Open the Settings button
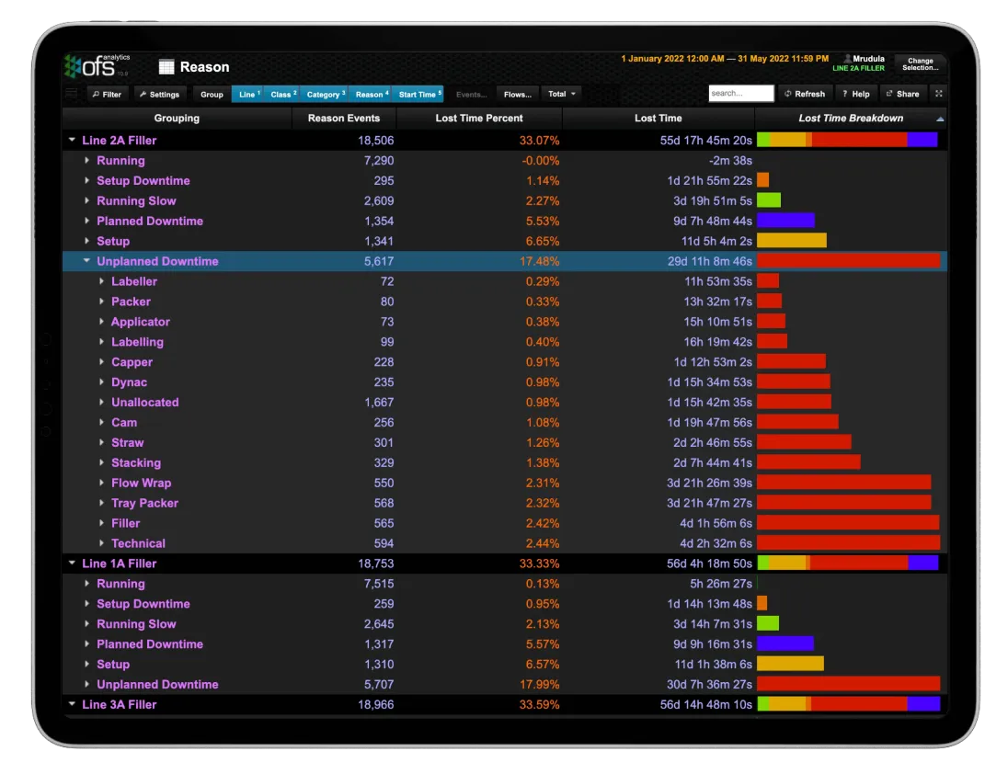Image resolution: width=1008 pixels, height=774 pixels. tap(159, 94)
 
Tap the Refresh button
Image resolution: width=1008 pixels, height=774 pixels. tap(804, 94)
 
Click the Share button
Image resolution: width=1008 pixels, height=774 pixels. tap(902, 94)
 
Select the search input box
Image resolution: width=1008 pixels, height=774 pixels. tap(740, 94)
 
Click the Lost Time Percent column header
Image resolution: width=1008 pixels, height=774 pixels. tap(478, 118)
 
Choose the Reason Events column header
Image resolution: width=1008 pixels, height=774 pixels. tap(344, 118)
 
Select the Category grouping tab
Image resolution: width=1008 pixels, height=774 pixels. tap(326, 94)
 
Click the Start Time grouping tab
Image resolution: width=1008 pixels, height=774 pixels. tap(419, 94)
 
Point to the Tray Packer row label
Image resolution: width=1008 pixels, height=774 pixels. tap(144, 503)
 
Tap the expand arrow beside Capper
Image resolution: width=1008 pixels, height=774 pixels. tap(102, 362)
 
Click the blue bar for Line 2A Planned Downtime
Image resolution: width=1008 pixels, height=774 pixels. tap(785, 221)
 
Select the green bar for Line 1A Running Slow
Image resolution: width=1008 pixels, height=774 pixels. tap(768, 624)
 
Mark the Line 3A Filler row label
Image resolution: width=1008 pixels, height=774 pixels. tap(119, 704)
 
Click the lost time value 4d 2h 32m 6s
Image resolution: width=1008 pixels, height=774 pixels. tap(716, 543)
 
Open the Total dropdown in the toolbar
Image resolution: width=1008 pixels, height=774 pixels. tap(561, 94)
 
